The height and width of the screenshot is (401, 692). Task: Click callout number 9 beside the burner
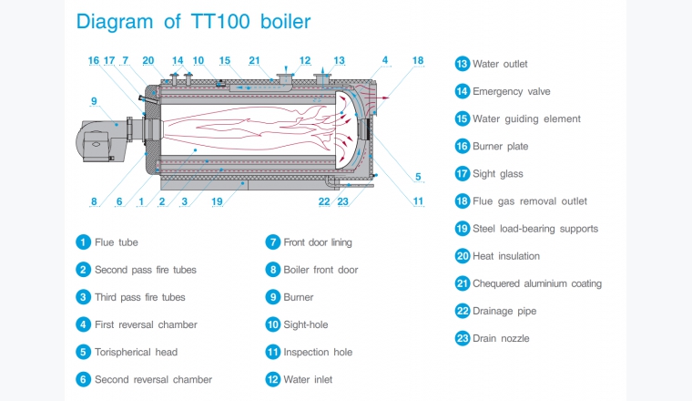(x=93, y=100)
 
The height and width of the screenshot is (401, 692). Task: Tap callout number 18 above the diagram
(x=418, y=60)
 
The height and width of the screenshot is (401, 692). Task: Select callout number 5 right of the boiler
(x=418, y=177)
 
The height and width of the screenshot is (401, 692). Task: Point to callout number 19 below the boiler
(x=217, y=201)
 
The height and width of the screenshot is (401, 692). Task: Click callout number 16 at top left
(x=94, y=60)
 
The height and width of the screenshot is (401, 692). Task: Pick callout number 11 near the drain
(x=418, y=201)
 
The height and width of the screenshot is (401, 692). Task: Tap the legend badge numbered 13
(x=462, y=64)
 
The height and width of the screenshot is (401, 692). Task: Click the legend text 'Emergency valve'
(x=511, y=91)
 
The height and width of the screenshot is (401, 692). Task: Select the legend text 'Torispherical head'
(x=136, y=352)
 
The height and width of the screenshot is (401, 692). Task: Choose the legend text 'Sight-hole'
(x=305, y=324)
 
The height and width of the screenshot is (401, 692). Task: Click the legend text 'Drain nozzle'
(x=501, y=338)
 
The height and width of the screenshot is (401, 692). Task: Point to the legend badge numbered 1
(x=83, y=242)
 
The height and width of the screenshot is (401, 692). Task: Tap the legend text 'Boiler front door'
(x=321, y=270)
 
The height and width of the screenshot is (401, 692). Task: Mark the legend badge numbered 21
(x=462, y=283)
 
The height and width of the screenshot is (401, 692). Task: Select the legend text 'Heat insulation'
(x=506, y=256)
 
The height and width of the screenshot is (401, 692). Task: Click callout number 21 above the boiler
(x=254, y=60)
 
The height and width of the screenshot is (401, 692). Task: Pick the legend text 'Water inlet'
(x=309, y=379)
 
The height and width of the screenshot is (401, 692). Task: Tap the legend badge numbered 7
(x=272, y=242)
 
